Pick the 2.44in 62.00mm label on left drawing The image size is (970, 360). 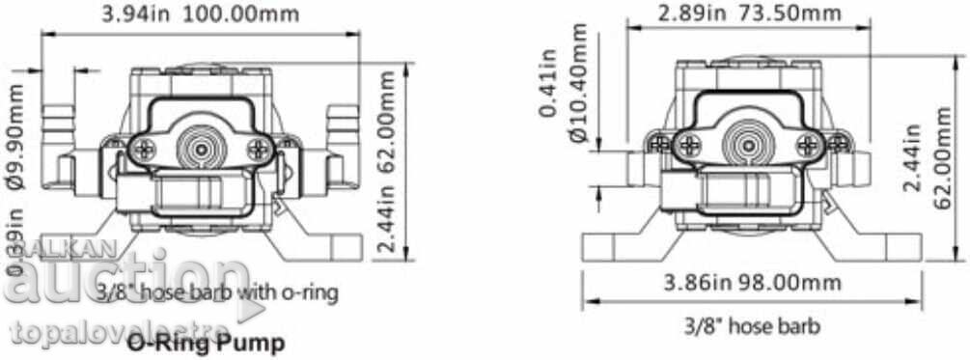tap(385, 203)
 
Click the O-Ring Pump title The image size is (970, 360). tap(206, 342)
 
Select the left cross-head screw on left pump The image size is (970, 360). tap(146, 150)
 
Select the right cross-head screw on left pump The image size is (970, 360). tap(256, 150)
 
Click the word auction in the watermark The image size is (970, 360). tap(125, 281)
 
